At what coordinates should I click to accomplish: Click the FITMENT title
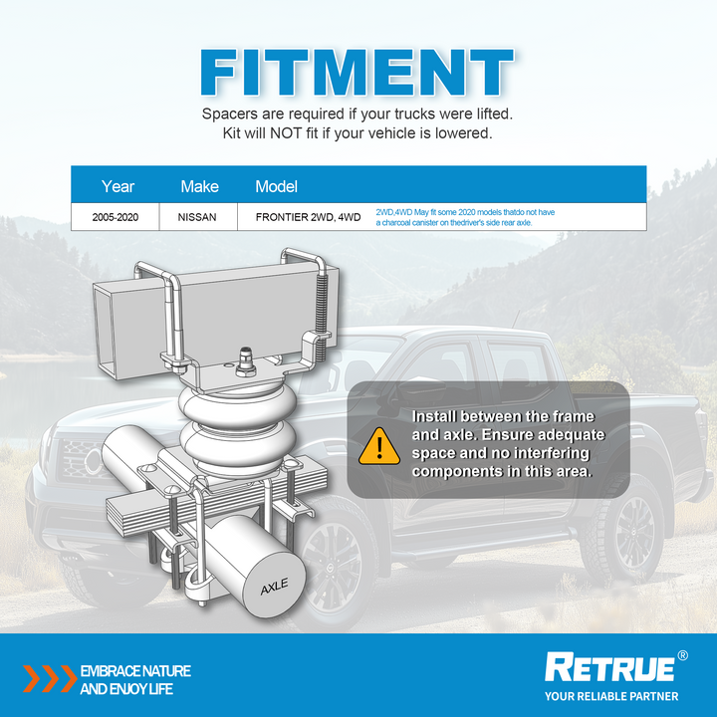(x=358, y=73)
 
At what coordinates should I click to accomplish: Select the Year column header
(x=118, y=186)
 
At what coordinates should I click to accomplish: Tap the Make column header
(x=199, y=186)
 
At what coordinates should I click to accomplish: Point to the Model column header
(x=276, y=186)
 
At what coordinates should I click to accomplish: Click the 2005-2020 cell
(x=116, y=217)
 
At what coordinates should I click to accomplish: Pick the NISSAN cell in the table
(x=197, y=217)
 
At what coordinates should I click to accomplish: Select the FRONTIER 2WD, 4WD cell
(x=308, y=217)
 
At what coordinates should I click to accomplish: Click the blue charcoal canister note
(x=465, y=218)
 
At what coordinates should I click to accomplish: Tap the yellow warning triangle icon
(x=379, y=446)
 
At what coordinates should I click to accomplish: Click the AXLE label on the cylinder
(x=275, y=587)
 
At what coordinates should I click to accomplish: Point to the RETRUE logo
(x=609, y=667)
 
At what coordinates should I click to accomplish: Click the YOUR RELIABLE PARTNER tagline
(x=611, y=696)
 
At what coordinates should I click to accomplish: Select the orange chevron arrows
(x=50, y=678)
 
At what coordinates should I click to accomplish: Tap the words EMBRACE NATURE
(x=135, y=671)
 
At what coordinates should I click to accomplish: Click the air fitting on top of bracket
(x=246, y=362)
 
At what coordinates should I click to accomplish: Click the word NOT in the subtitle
(x=286, y=133)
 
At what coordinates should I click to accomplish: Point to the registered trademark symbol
(x=682, y=655)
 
